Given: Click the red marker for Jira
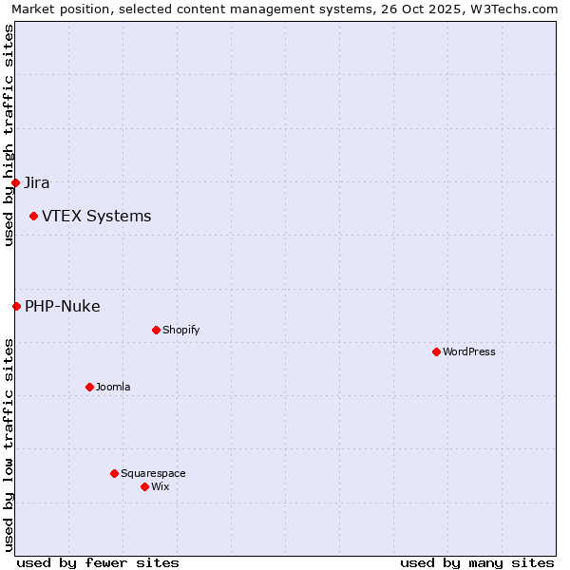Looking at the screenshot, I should tap(16, 182).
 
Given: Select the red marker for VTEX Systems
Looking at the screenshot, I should tap(33, 217).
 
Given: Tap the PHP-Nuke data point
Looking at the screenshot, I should tap(16, 306).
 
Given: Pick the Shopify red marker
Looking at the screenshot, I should tap(156, 330).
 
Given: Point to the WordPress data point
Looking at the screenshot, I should tap(436, 351).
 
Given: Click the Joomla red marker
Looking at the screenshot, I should tap(89, 387).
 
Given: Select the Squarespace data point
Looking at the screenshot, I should tap(114, 473).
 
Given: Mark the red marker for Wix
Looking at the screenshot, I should tap(144, 486).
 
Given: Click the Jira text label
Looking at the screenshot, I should tap(37, 183).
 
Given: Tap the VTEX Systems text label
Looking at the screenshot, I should tap(96, 217).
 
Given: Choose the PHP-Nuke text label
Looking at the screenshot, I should tap(63, 306).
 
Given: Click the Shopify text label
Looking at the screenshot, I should tap(180, 331).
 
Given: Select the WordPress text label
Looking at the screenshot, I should tap(469, 352).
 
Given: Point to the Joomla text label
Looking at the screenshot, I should tap(113, 388).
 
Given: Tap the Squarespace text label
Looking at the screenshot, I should tap(153, 474).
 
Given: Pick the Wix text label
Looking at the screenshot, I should tap(160, 487).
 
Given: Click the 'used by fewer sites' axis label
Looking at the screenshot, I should tap(98, 562).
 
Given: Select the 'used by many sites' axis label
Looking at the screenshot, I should tap(477, 562).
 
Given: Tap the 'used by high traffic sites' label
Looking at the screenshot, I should tap(9, 135).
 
